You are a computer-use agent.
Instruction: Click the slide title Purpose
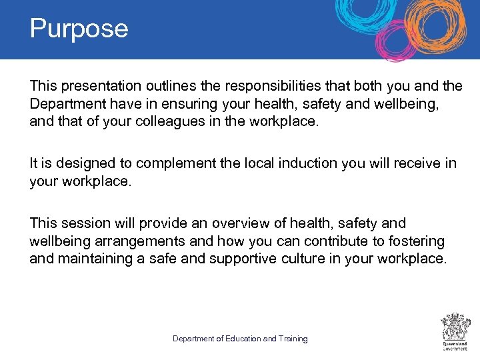79,29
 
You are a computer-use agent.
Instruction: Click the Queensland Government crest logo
455,329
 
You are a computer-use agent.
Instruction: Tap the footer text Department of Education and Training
240,339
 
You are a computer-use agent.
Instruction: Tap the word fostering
419,241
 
